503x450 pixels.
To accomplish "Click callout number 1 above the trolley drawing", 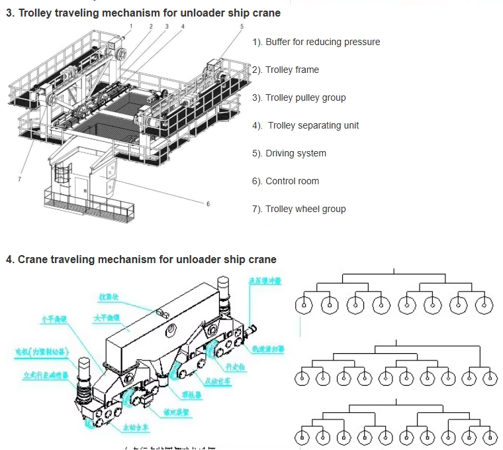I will (x=131, y=26).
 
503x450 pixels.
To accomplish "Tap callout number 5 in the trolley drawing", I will (x=242, y=27).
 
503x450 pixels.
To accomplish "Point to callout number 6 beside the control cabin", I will (x=208, y=203).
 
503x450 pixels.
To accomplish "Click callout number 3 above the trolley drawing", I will (x=167, y=27).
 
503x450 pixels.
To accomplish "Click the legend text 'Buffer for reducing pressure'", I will (x=322, y=42).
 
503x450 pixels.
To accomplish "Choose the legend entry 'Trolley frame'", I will (x=292, y=70).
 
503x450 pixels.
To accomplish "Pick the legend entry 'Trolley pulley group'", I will (x=305, y=97).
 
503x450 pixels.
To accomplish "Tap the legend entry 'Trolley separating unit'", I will (x=313, y=125).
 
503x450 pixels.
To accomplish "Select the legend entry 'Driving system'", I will (x=295, y=153).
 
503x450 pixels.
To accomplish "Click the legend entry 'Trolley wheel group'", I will (x=305, y=209).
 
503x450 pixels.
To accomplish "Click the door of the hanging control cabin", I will (x=81, y=188).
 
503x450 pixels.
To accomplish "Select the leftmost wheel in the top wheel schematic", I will (x=304, y=305).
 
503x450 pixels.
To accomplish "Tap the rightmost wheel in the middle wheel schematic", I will (x=489, y=378).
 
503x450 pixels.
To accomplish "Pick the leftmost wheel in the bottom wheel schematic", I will (x=304, y=438).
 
